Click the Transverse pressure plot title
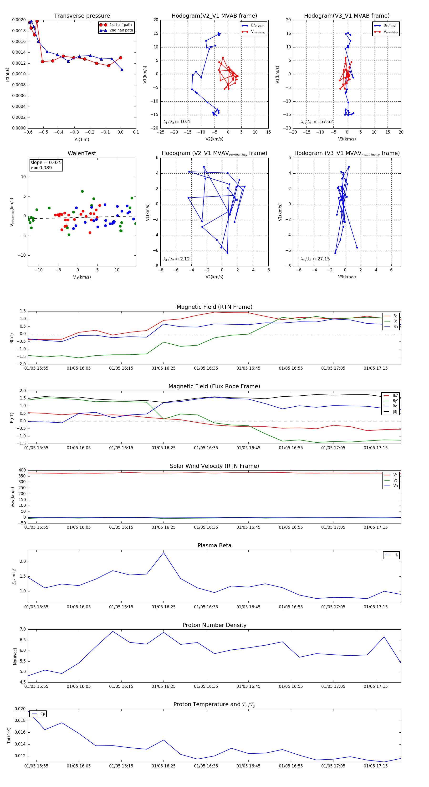(x=82, y=16)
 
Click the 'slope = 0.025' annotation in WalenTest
(x=46, y=163)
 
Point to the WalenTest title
(x=82, y=153)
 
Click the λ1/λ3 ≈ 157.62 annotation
(x=317, y=122)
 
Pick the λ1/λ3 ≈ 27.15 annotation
(x=315, y=259)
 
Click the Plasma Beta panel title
(x=214, y=546)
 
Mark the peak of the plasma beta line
(x=164, y=552)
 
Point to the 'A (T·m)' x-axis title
(x=82, y=139)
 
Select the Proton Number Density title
(x=214, y=625)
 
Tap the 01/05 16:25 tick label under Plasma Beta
(x=164, y=607)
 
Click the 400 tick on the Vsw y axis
(x=22, y=470)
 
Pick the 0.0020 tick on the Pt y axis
(x=19, y=20)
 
